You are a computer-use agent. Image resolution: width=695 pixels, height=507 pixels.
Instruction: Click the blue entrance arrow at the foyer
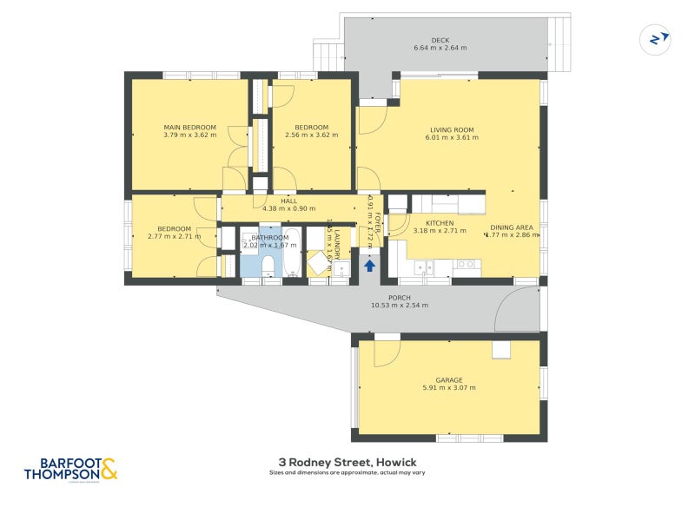click(x=370, y=266)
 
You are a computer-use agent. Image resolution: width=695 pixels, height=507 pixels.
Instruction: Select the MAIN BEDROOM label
click(x=189, y=128)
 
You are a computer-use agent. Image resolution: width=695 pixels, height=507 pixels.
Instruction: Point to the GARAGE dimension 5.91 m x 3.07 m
click(x=449, y=387)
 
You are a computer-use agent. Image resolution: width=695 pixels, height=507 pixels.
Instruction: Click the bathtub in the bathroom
click(x=292, y=252)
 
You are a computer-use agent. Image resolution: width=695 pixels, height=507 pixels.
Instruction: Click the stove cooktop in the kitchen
click(x=466, y=265)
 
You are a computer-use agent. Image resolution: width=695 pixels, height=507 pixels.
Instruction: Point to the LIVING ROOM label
click(x=452, y=129)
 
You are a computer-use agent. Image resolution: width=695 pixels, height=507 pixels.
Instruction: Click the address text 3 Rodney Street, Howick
click(x=347, y=462)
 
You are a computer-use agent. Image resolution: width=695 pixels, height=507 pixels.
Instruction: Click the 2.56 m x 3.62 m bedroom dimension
click(x=311, y=135)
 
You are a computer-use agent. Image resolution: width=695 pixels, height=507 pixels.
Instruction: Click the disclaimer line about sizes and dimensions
click(x=347, y=473)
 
